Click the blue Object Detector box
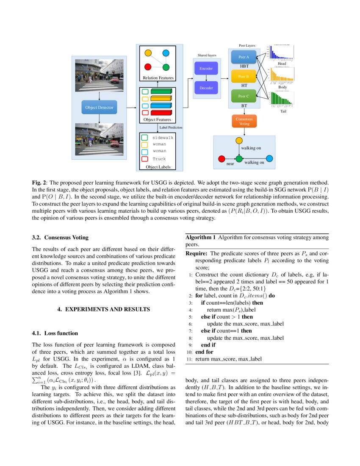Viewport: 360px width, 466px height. [x=99, y=108]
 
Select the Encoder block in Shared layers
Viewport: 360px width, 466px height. [x=206, y=68]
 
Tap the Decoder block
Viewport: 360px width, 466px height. [x=206, y=88]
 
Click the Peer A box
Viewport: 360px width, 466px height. [x=244, y=57]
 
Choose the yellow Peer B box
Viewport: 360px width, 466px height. [x=244, y=76]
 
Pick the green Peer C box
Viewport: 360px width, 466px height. [x=244, y=96]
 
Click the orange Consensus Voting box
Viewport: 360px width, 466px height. [x=244, y=121]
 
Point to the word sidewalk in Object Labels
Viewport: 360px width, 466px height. [x=163, y=138]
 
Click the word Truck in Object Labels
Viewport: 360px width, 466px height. [x=159, y=159]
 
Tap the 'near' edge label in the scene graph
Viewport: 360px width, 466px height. [x=230, y=163]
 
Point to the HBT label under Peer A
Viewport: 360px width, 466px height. [x=244, y=66]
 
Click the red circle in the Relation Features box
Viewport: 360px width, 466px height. [x=148, y=67]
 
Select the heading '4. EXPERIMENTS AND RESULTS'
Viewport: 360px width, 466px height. [x=103, y=309]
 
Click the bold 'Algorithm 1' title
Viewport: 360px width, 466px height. [x=201, y=237]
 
